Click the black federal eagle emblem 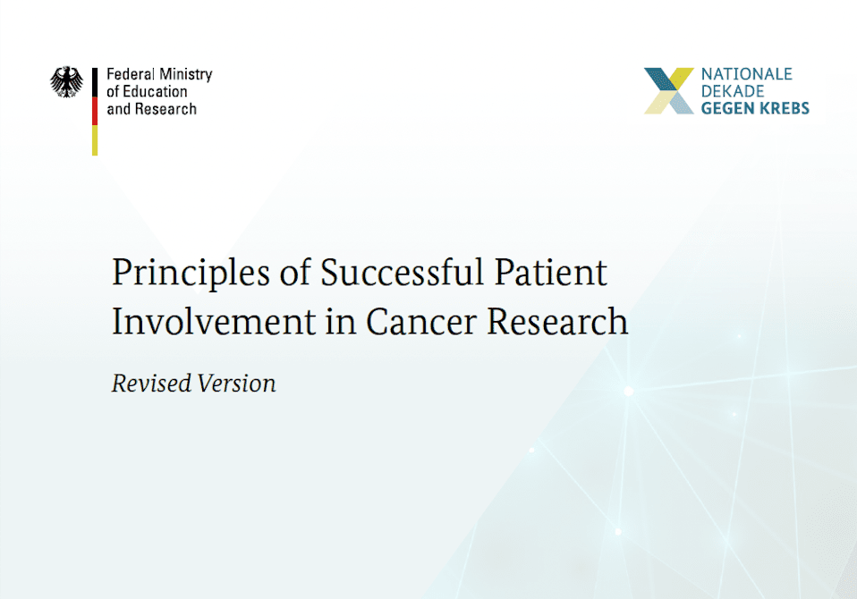click(x=67, y=82)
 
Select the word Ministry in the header click(x=186, y=75)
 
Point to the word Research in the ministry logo click(x=165, y=109)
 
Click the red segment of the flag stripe click(x=95, y=112)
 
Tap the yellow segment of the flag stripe click(x=95, y=140)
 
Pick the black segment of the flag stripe click(x=95, y=82)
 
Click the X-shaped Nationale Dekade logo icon click(x=669, y=90)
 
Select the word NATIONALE click(x=747, y=73)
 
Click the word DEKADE click(x=733, y=91)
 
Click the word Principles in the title click(x=191, y=273)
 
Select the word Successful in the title click(x=403, y=272)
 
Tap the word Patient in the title click(x=551, y=272)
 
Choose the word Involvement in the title click(x=214, y=321)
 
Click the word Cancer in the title click(x=421, y=322)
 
